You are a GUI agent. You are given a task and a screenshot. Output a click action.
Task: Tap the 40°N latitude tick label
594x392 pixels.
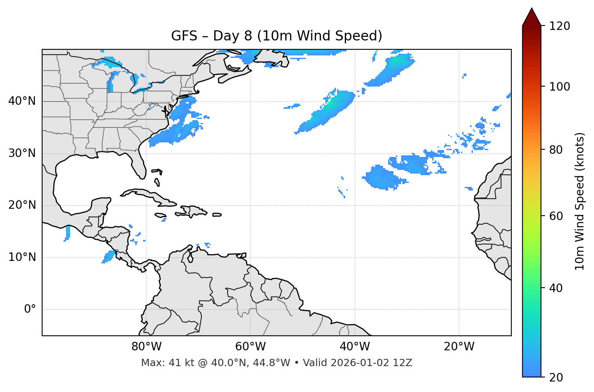22,101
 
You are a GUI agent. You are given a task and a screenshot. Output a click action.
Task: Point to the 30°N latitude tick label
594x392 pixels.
22,153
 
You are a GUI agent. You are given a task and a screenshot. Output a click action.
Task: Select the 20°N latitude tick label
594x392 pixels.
22,205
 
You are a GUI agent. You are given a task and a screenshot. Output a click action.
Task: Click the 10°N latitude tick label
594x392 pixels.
22,257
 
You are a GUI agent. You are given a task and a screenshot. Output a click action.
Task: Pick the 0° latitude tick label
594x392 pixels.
30,309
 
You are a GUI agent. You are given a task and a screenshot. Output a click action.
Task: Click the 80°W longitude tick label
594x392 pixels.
146,347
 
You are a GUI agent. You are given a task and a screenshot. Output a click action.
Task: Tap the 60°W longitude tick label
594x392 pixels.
250,347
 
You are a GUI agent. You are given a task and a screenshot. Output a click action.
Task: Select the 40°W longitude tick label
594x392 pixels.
355,347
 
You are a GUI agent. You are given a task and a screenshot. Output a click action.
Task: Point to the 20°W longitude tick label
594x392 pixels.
459,347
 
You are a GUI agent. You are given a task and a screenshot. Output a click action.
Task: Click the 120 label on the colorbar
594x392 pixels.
559,26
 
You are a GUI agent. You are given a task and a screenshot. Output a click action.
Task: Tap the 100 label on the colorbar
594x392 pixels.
559,87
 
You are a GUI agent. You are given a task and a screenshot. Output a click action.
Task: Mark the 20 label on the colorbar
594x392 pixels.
556,377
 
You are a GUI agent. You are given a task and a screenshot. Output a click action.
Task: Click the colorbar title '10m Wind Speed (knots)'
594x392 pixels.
580,201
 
